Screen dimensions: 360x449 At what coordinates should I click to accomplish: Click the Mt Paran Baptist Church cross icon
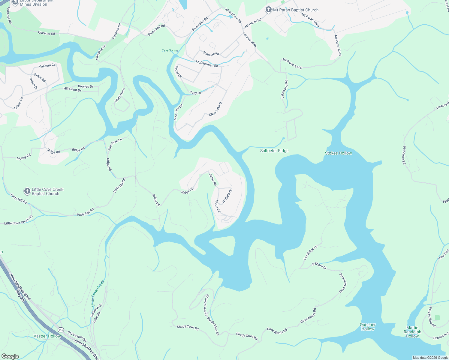pos(268,10)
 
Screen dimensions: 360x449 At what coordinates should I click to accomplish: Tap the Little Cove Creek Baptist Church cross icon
pos(27,191)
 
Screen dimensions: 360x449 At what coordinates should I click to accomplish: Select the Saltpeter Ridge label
pos(274,151)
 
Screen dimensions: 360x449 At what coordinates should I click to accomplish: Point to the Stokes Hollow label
pos(338,153)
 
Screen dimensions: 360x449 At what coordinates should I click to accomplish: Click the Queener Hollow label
pos(368,327)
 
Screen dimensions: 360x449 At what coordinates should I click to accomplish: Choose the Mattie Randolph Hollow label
pos(412,332)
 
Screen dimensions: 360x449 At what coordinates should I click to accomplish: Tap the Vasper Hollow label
pos(47,336)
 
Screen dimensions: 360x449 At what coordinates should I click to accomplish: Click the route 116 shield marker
pos(61,330)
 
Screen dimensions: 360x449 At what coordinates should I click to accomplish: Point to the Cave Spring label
pos(170,50)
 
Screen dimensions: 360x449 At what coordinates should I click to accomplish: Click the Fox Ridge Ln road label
pos(310,253)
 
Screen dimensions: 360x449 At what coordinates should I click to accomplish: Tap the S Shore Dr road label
pos(319,265)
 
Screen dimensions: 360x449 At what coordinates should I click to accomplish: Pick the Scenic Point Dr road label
pos(206,305)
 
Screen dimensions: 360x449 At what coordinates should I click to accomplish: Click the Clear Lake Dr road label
pos(216,109)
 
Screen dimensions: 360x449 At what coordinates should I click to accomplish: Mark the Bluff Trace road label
pos(120,95)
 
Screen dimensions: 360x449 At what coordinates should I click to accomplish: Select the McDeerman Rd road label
pos(207,64)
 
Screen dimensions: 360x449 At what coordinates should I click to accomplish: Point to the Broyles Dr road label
pos(86,86)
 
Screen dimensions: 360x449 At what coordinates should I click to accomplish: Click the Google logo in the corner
pos(10,356)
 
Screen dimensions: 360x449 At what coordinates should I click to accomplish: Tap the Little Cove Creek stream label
pos(98,293)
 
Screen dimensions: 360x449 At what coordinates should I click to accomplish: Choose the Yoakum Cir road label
pos(47,65)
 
